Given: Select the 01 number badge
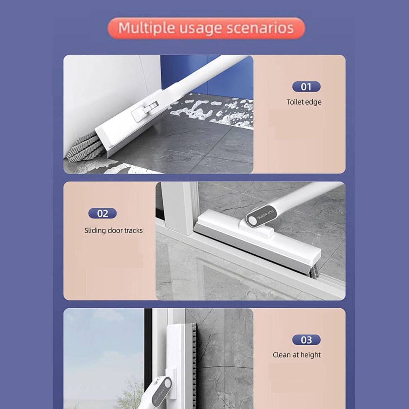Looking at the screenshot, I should click(x=306, y=87).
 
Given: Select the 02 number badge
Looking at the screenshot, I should click(x=102, y=213).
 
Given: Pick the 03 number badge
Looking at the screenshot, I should click(x=306, y=340).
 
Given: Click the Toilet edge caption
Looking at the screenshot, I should click(x=304, y=102).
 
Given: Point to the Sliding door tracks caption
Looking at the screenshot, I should click(x=113, y=230).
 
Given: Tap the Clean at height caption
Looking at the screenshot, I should click(x=297, y=355).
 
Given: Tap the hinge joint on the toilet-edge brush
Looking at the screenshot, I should click(x=148, y=107).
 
